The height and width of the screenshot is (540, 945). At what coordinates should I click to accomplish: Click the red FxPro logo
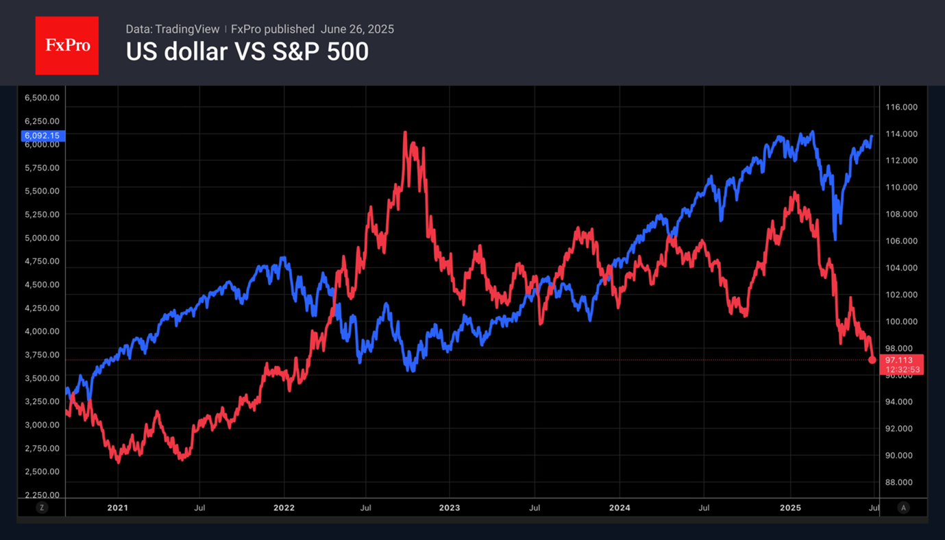click(x=67, y=46)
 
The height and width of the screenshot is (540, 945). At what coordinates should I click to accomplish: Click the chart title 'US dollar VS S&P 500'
click(x=247, y=52)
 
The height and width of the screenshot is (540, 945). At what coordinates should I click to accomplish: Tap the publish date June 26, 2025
click(x=357, y=29)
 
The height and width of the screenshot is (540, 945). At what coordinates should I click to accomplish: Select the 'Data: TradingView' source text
click(x=173, y=29)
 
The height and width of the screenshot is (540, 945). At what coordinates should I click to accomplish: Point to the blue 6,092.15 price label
click(x=43, y=136)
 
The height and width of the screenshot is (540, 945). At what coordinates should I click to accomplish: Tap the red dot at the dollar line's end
click(x=872, y=360)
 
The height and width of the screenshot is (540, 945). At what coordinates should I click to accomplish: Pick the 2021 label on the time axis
click(x=118, y=508)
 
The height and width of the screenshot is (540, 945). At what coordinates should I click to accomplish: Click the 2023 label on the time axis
click(x=450, y=508)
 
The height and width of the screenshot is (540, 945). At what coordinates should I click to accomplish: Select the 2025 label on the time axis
click(x=790, y=508)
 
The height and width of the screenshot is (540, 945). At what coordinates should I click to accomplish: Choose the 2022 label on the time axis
click(x=284, y=508)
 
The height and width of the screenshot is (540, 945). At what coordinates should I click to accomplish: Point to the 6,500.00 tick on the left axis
click(x=42, y=98)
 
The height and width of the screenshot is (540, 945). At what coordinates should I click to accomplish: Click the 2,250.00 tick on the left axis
click(x=42, y=495)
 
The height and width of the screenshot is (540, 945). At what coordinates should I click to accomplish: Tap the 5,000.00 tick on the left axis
click(x=42, y=238)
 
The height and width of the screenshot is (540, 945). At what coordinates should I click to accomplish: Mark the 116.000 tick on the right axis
click(x=901, y=107)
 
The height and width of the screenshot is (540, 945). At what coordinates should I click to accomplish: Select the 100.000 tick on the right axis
click(x=901, y=321)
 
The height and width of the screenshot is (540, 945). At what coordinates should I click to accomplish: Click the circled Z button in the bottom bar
click(x=42, y=508)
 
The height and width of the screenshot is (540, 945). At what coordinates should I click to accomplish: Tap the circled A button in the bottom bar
click(x=903, y=508)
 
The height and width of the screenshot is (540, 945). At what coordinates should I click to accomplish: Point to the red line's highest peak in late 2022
click(x=405, y=133)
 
